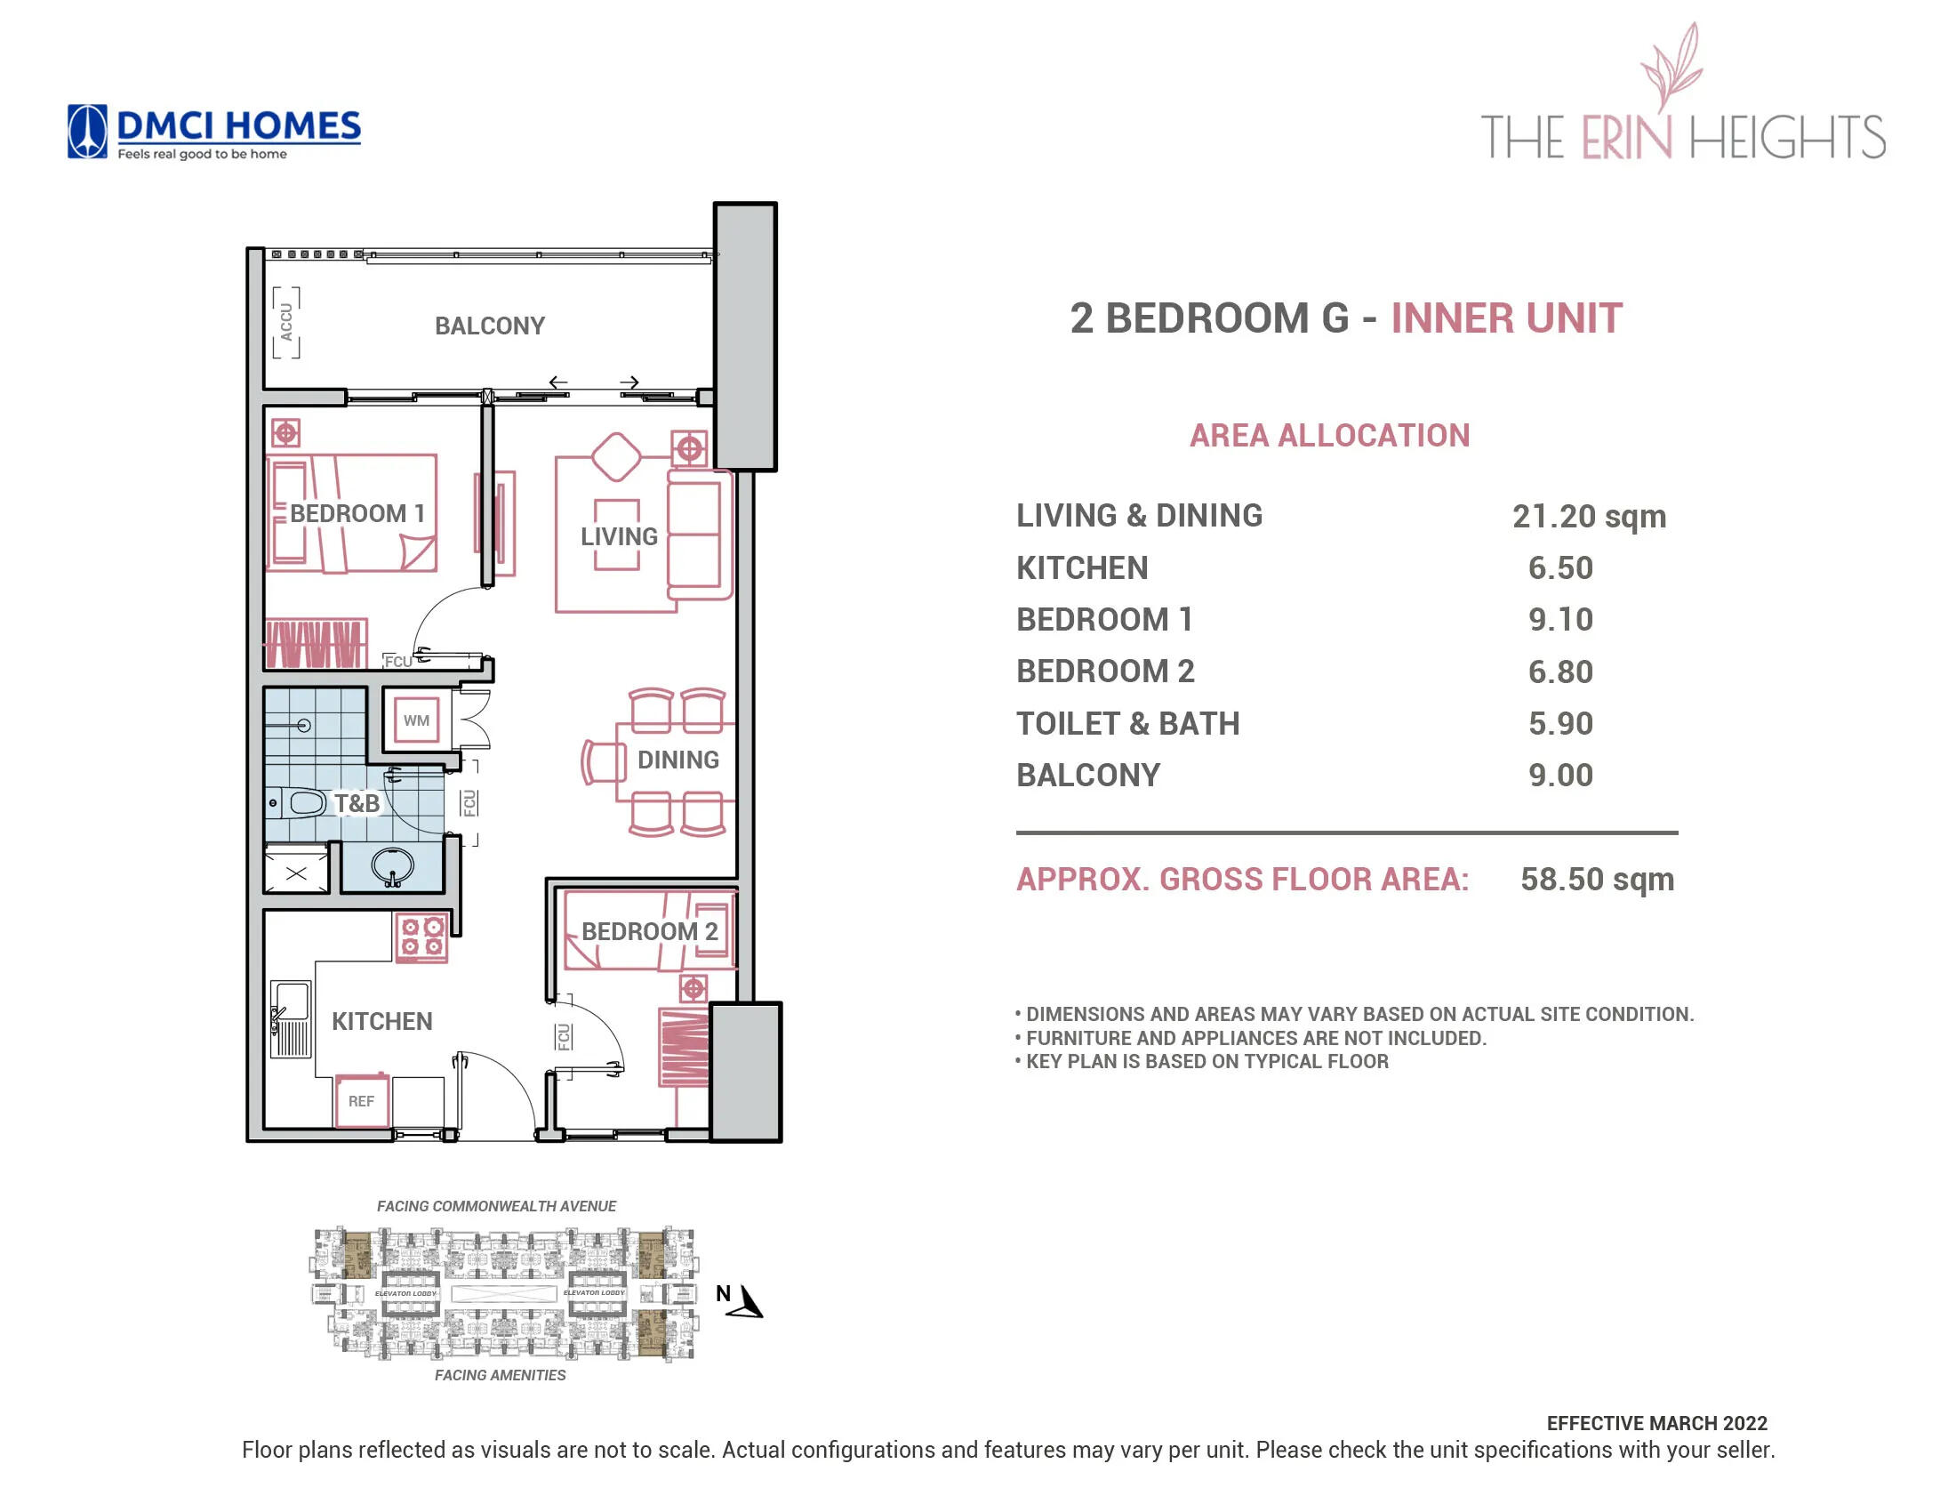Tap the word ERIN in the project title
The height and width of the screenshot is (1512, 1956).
(1625, 138)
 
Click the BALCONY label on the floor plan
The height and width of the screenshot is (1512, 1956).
(489, 326)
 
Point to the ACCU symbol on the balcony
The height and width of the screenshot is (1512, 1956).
(285, 323)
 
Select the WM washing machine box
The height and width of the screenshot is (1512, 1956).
(415, 720)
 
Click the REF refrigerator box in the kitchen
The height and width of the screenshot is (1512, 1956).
(361, 1101)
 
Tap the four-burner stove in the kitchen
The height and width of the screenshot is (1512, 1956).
(421, 937)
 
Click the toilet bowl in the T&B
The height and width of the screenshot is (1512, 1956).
(300, 802)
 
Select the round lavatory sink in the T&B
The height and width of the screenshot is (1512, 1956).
(392, 865)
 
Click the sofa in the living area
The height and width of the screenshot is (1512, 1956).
(697, 535)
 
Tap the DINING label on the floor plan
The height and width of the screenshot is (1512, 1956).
(678, 760)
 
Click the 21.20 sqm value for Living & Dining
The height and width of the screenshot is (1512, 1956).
(1589, 517)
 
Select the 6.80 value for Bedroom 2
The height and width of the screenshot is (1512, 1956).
(1560, 672)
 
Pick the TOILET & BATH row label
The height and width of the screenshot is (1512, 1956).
(1127, 724)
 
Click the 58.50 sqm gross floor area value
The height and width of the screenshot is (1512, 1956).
(1597, 880)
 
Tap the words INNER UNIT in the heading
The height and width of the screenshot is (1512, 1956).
(1506, 319)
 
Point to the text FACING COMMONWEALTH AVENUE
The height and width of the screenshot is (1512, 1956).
(496, 1207)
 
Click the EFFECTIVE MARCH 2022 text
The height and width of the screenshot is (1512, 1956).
(1656, 1423)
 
